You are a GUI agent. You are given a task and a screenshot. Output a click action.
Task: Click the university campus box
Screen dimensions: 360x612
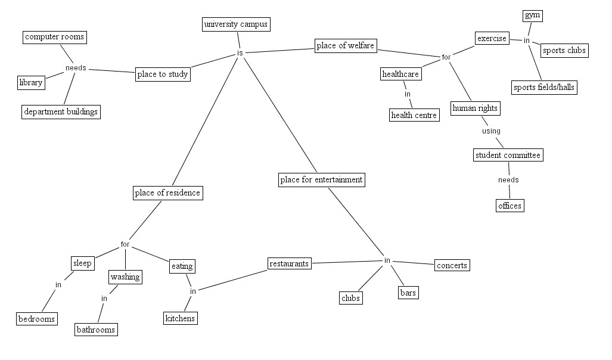tap(236, 24)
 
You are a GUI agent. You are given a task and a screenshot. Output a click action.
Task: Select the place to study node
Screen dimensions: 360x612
tap(163, 75)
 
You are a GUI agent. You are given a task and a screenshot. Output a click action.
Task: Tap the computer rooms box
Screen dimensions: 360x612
tap(55, 38)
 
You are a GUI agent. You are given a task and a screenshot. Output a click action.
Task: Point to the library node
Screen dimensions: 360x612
tap(30, 82)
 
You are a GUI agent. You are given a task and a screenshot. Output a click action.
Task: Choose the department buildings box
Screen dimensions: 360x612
tap(60, 111)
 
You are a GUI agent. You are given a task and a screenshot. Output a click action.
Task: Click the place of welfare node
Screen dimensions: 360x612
tap(346, 46)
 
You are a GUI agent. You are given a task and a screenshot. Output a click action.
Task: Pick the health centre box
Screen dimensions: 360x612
tap(414, 115)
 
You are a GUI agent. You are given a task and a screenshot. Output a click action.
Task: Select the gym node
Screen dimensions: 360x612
tap(533, 15)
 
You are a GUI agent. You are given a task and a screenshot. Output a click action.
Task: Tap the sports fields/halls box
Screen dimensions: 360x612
tap(545, 88)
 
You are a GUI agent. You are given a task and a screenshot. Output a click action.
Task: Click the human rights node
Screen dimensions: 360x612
tap(475, 108)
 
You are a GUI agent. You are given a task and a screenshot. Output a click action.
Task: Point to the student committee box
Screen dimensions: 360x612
tap(508, 156)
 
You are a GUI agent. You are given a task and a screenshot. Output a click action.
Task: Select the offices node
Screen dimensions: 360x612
tap(510, 206)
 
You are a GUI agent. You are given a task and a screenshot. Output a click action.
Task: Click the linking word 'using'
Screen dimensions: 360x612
tap(491, 131)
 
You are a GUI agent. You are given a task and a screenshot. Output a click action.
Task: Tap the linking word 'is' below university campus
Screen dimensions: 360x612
tap(240, 53)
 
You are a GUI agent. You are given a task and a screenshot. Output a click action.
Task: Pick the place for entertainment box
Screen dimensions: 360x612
tap(321, 179)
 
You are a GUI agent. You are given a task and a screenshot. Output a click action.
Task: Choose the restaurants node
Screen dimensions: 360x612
tap(289, 263)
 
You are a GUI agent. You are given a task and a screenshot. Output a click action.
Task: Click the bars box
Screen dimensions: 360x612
tap(408, 293)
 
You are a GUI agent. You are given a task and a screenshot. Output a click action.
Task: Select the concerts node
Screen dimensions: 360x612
tap(452, 265)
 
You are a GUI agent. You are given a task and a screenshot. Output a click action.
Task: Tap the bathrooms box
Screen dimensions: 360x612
tap(96, 330)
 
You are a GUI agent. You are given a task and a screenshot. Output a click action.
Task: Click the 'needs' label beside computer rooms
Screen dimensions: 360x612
tap(76, 68)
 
